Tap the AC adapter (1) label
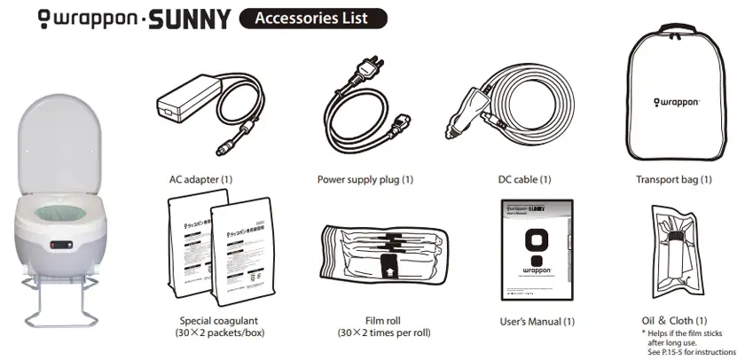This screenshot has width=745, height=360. (x=200, y=179)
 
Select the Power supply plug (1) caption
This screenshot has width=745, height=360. (x=365, y=179)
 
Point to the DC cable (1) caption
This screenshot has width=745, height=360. (x=525, y=179)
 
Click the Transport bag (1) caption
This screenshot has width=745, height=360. (x=674, y=179)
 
